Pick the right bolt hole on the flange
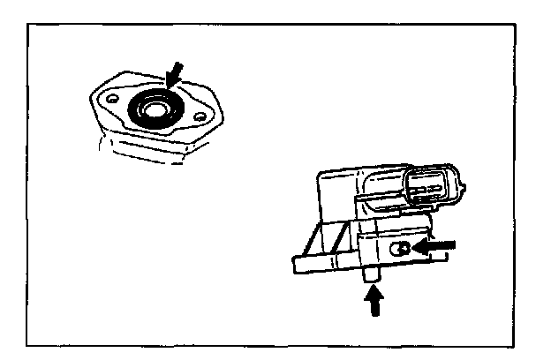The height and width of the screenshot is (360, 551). click(200, 116)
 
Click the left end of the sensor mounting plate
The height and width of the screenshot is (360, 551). click(296, 263)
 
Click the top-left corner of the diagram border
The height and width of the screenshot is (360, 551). click(29, 23)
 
